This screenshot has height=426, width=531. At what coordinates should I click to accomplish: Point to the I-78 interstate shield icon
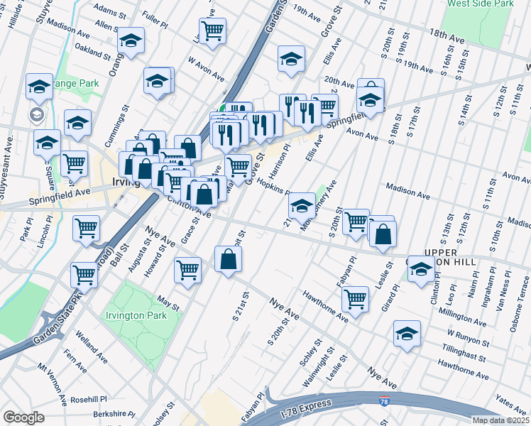tap(384, 402)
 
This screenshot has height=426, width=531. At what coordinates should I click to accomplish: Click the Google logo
tap(23, 417)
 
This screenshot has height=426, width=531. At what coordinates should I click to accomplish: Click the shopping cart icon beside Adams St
tap(212, 31)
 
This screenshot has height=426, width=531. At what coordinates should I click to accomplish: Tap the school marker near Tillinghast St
tap(407, 334)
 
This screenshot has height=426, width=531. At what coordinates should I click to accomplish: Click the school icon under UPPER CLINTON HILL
tap(421, 271)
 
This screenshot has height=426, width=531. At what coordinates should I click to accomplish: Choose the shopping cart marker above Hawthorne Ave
tap(355, 299)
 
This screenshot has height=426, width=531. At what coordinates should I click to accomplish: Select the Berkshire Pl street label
tap(114, 412)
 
